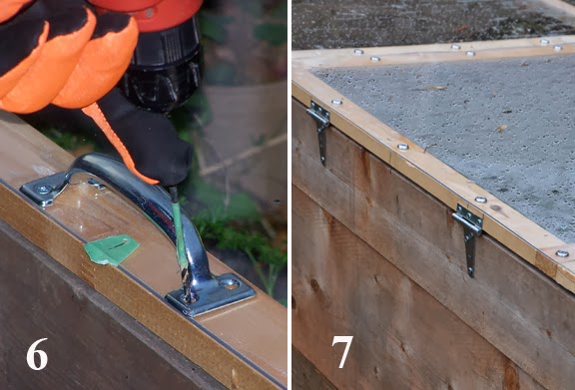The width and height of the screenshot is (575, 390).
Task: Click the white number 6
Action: click(x=37, y=354)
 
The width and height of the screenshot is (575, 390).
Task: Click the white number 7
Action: click(x=342, y=351)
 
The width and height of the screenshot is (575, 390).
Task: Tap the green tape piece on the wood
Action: click(x=111, y=249)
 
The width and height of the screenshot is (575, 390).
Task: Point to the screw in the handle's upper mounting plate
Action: click(x=44, y=190)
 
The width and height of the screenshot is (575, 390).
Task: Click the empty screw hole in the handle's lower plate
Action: click(x=231, y=282)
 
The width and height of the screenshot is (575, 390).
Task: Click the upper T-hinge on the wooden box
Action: click(x=319, y=129)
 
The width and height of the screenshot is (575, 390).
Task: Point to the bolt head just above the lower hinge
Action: click(x=480, y=199)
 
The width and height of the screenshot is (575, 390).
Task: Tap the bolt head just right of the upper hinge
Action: click(x=335, y=102)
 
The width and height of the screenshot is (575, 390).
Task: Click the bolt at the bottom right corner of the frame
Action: click(x=562, y=253)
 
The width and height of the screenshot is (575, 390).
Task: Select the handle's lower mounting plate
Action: click(x=211, y=294)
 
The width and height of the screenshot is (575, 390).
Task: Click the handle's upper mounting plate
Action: click(x=46, y=190)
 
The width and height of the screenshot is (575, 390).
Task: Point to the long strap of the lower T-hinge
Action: click(x=470, y=253)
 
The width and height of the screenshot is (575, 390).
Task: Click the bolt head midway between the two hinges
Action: click(x=403, y=147)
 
